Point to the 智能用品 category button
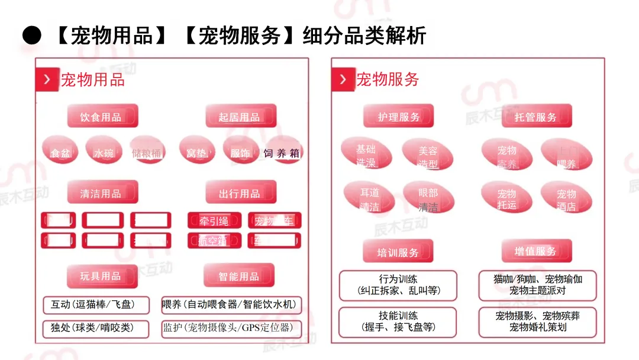click(x=239, y=276)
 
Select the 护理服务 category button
click(x=398, y=116)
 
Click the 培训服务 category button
click(x=398, y=252)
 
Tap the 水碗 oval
click(x=104, y=153)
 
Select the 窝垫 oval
click(x=196, y=153)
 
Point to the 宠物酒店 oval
click(x=566, y=200)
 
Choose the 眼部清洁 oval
click(x=428, y=200)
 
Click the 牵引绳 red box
click(x=214, y=221)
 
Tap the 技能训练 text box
click(x=398, y=322)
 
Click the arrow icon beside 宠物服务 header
click(x=343, y=79)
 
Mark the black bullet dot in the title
click(x=32, y=36)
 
